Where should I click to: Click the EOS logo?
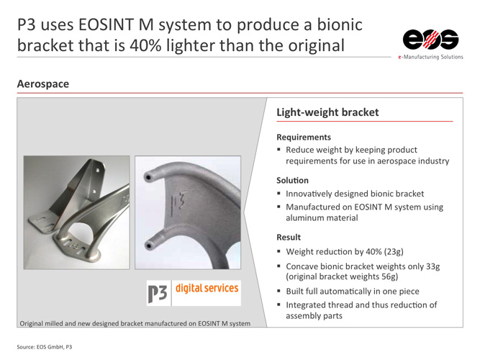(x=430, y=40)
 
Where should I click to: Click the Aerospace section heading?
(x=43, y=84)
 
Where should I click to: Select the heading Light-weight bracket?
(x=327, y=112)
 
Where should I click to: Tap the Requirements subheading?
(x=304, y=137)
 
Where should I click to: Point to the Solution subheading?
(x=292, y=180)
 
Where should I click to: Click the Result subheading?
(x=289, y=237)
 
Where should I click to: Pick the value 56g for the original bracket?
(x=388, y=276)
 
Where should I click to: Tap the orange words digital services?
(x=207, y=288)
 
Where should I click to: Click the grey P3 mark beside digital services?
(x=158, y=294)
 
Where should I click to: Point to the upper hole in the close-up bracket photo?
(x=148, y=177)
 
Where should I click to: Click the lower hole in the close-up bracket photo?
(x=149, y=246)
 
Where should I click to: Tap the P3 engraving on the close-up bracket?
(x=178, y=202)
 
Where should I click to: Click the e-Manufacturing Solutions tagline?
(x=430, y=57)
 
